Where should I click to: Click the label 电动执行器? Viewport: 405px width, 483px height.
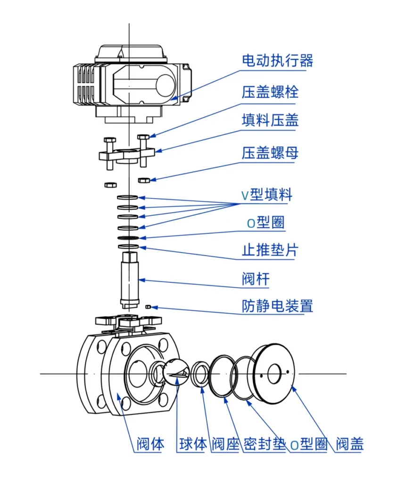[x=277, y=60]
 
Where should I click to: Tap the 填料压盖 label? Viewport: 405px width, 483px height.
[x=270, y=120]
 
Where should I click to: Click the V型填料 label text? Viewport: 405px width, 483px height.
[x=267, y=194]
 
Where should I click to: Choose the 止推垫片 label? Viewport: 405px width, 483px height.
[x=270, y=250]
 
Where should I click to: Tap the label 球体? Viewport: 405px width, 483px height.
[x=193, y=444]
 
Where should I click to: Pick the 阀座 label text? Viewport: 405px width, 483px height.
[x=225, y=444]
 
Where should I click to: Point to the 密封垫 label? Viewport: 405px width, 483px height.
[x=264, y=444]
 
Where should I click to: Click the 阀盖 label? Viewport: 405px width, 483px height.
[x=349, y=444]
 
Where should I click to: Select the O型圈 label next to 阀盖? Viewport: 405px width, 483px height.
[x=308, y=444]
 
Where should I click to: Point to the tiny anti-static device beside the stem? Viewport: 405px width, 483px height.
[x=148, y=306]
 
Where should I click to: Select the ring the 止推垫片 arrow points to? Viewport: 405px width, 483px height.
[x=128, y=247]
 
